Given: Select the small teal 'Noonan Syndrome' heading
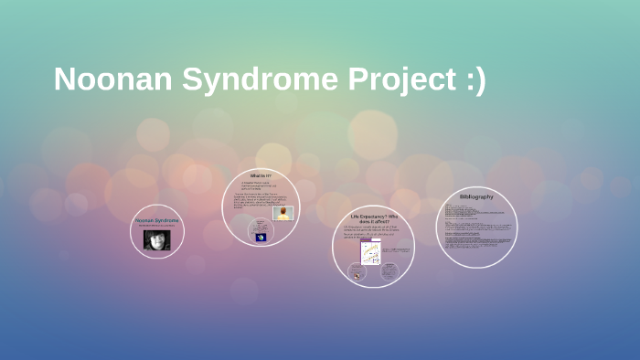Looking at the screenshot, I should click(x=157, y=220).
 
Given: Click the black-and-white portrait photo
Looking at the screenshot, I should click(x=157, y=239).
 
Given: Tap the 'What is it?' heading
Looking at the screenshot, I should click(x=261, y=175).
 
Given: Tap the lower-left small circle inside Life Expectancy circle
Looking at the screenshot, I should click(x=356, y=270).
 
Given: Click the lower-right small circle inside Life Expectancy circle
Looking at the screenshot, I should click(x=389, y=270).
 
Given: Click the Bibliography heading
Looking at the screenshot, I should click(x=476, y=196).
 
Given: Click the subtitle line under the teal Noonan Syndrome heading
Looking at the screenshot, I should click(x=157, y=226).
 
